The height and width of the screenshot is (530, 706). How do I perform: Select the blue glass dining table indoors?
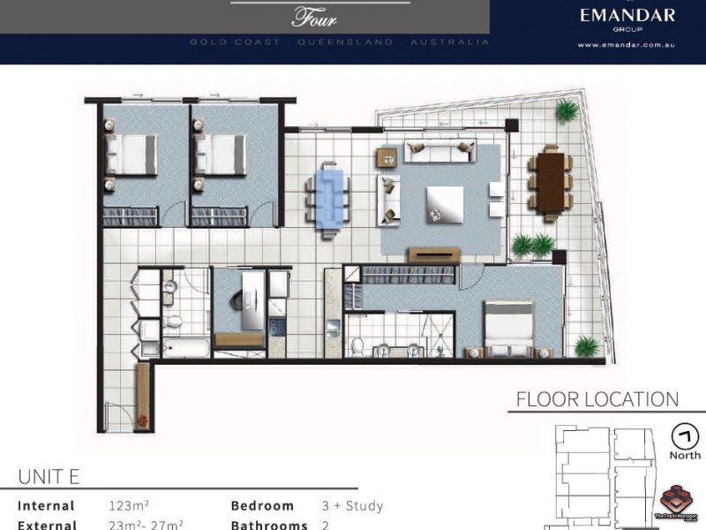[329, 199]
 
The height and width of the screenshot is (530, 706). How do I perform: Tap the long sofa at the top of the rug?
[439, 152]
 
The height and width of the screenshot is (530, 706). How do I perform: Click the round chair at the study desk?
[240, 299]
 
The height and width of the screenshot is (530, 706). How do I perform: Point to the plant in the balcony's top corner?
[567, 111]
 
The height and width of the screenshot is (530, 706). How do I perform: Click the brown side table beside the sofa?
[387, 157]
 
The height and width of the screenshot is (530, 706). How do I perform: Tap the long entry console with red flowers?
[142, 397]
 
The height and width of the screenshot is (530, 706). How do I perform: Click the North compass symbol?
[684, 436]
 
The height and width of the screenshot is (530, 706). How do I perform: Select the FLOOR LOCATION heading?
[597, 399]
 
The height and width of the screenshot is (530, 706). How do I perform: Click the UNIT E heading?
[49, 477]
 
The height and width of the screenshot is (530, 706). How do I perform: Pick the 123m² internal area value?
[128, 506]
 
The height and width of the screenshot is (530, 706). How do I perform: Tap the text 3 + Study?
[353, 506]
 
